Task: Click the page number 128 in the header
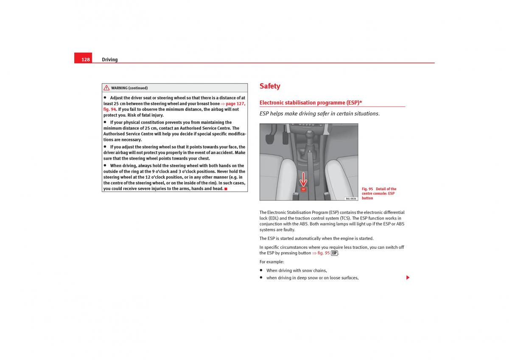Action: pyautogui.click(x=86, y=59)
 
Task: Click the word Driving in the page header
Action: pyautogui.click(x=109, y=59)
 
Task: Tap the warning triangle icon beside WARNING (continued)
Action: pyautogui.click(x=106, y=88)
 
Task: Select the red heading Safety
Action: pyautogui.click(x=270, y=86)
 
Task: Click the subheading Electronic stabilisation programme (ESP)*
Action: pyautogui.click(x=310, y=103)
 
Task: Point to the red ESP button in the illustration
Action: pyautogui.click(x=303, y=189)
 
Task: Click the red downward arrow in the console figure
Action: pyautogui.click(x=303, y=179)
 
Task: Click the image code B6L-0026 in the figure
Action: pyautogui.click(x=351, y=198)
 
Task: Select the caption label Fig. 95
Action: pyautogui.click(x=367, y=189)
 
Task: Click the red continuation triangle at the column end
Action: pyautogui.click(x=408, y=278)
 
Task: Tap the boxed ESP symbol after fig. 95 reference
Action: pyautogui.click(x=334, y=253)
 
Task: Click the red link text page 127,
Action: pyautogui.click(x=235, y=104)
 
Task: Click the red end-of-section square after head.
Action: pyautogui.click(x=226, y=188)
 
